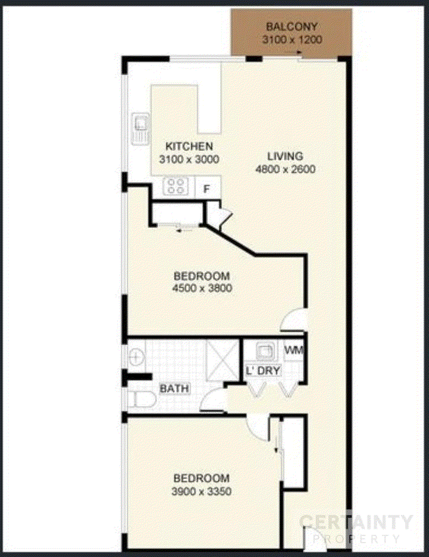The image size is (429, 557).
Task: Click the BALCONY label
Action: coord(291,27)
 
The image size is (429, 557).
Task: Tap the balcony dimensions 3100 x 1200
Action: coord(292,39)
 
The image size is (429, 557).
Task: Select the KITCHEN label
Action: coord(189,146)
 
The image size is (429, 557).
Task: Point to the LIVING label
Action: coord(285,156)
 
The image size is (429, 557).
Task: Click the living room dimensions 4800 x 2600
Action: coord(285,169)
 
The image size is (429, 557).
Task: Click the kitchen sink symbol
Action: coord(141,128)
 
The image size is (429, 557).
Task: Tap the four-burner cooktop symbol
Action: coord(176,186)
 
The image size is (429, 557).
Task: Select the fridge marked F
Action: coord(207,189)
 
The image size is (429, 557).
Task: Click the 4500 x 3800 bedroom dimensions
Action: coord(202,288)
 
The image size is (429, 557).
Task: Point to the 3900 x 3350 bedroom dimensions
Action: coord(201,491)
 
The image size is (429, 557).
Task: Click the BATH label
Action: coord(174,388)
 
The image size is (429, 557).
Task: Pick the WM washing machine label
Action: coord(294,350)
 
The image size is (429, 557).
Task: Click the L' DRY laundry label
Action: coord(263,371)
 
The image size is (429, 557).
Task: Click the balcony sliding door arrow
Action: coord(295,52)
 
